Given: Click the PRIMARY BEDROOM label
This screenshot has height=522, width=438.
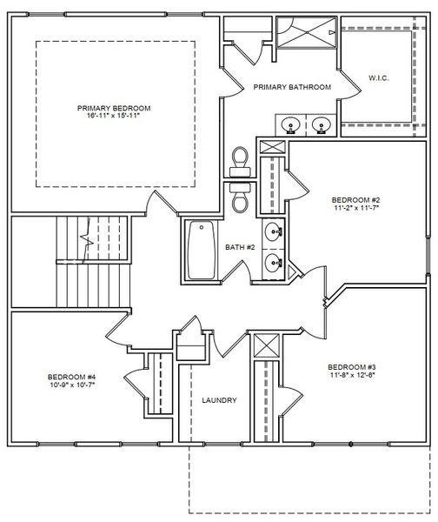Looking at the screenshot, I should click(113, 108).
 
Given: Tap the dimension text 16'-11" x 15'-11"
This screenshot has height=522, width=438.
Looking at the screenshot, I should click(113, 117).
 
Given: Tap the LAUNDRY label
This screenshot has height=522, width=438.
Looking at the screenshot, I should click(219, 400).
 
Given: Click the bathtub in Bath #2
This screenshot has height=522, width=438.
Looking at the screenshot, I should click(201, 250).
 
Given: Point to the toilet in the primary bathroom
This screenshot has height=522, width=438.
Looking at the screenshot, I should click(239, 159).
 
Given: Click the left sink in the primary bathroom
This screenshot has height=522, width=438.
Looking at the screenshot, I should click(289, 124).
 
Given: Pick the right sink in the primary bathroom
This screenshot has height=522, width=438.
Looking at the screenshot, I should click(321, 124).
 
